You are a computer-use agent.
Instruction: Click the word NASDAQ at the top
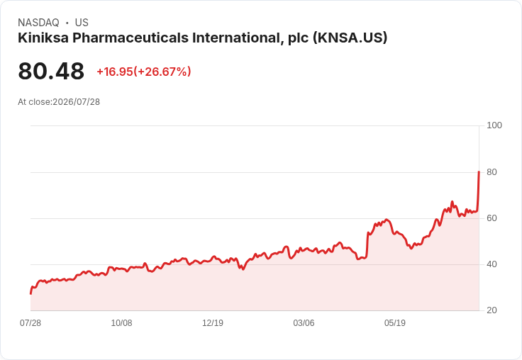click(x=38, y=23)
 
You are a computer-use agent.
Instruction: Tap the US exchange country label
click(x=82, y=23)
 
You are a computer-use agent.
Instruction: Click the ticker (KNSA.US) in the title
click(x=350, y=38)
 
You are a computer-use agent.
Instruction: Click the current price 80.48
click(x=51, y=71)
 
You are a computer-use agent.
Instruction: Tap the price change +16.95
click(x=114, y=72)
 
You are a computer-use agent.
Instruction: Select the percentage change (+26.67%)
click(x=162, y=72)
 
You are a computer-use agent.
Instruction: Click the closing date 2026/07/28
click(x=76, y=102)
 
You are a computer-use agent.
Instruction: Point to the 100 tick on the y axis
click(x=494, y=125)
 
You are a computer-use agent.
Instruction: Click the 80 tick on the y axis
click(x=492, y=172)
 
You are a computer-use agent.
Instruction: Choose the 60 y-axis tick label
click(x=492, y=218)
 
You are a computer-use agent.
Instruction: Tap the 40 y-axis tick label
click(x=492, y=264)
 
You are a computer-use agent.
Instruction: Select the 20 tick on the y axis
click(x=492, y=310)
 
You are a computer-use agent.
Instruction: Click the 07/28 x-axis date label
click(x=30, y=323)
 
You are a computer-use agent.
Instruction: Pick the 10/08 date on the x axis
click(x=121, y=323)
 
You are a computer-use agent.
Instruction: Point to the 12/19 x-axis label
click(x=213, y=323)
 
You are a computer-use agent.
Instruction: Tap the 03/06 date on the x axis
click(x=304, y=323)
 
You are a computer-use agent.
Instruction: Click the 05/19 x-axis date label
click(x=395, y=323)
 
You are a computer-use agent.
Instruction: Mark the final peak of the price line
click(x=479, y=171)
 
